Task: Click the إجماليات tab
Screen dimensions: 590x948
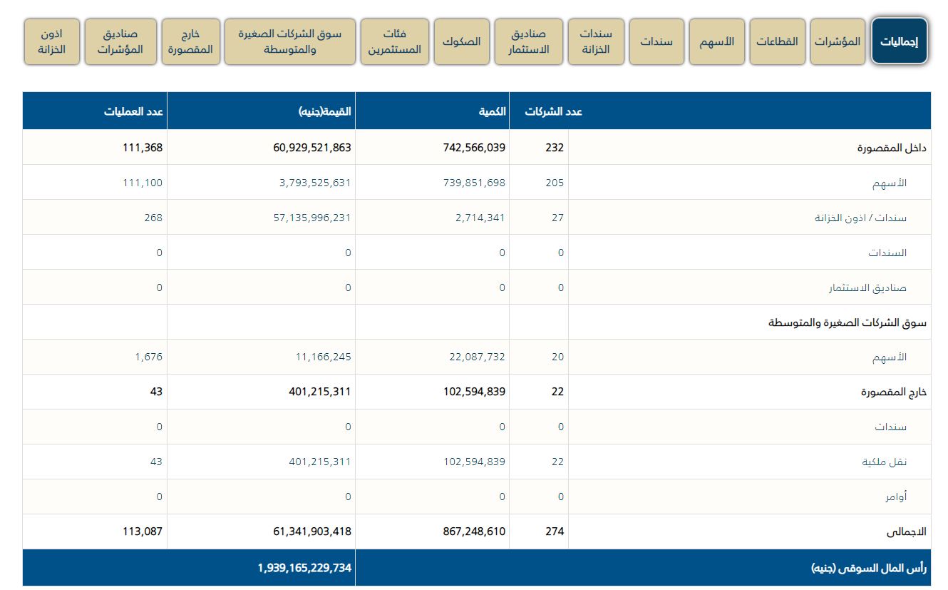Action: (899, 41)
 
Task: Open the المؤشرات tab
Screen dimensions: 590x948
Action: (838, 41)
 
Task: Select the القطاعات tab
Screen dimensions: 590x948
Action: (777, 41)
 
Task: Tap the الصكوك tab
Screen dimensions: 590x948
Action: (461, 41)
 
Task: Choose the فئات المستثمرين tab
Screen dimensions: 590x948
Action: (394, 41)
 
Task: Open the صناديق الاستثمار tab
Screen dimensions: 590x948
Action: (528, 41)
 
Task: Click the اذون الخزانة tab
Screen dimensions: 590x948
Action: (51, 41)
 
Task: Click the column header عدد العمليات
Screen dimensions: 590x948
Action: (135, 111)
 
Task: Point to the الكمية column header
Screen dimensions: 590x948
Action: (493, 111)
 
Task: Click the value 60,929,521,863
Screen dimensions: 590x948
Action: (312, 148)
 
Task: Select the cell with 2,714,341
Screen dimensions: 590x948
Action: (480, 218)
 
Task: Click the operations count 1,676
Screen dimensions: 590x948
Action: (148, 357)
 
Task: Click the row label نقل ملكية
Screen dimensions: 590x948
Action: (884, 462)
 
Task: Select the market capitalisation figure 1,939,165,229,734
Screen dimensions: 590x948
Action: (304, 568)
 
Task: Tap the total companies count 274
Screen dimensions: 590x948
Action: (555, 531)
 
